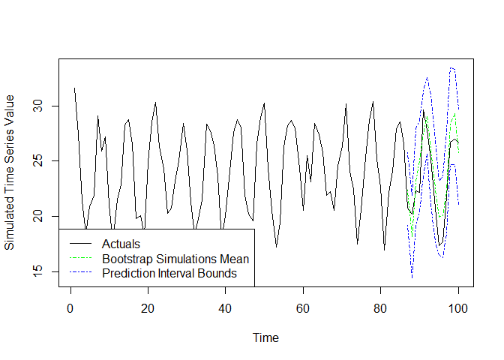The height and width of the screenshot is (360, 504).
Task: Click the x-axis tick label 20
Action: (148, 307)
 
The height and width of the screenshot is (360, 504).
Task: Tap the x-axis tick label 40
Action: (225, 307)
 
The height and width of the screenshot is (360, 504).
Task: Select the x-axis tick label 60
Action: (303, 307)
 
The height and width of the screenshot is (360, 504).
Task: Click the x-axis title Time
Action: (265, 337)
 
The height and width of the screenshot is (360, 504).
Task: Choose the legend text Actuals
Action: (121, 244)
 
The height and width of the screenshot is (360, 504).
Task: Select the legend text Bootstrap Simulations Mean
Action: (175, 259)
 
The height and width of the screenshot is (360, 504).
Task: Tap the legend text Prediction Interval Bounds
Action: (169, 274)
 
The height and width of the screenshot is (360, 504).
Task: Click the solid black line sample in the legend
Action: (79, 244)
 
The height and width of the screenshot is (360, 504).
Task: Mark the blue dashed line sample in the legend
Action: (79, 274)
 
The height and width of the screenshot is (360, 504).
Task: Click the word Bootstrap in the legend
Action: (126, 259)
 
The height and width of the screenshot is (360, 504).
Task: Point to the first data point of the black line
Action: (74, 88)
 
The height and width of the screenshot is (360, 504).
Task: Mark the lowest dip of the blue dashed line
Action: (412, 278)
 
